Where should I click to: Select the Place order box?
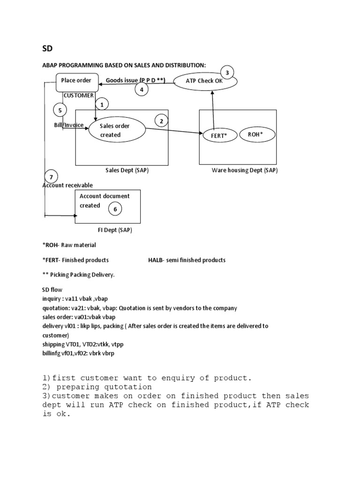[77, 81]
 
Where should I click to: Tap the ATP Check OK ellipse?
[205, 81]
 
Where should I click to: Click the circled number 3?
[227, 73]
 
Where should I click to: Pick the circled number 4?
[142, 89]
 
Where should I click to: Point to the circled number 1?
[102, 104]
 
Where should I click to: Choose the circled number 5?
[60, 111]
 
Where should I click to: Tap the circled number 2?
[161, 121]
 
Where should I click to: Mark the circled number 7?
[52, 177]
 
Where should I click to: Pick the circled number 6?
[115, 210]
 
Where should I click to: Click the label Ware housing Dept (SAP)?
[245, 171]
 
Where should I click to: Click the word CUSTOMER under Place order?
[78, 95]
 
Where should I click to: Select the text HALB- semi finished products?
[187, 260]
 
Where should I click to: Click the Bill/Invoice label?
[68, 125]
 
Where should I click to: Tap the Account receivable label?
[67, 185]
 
